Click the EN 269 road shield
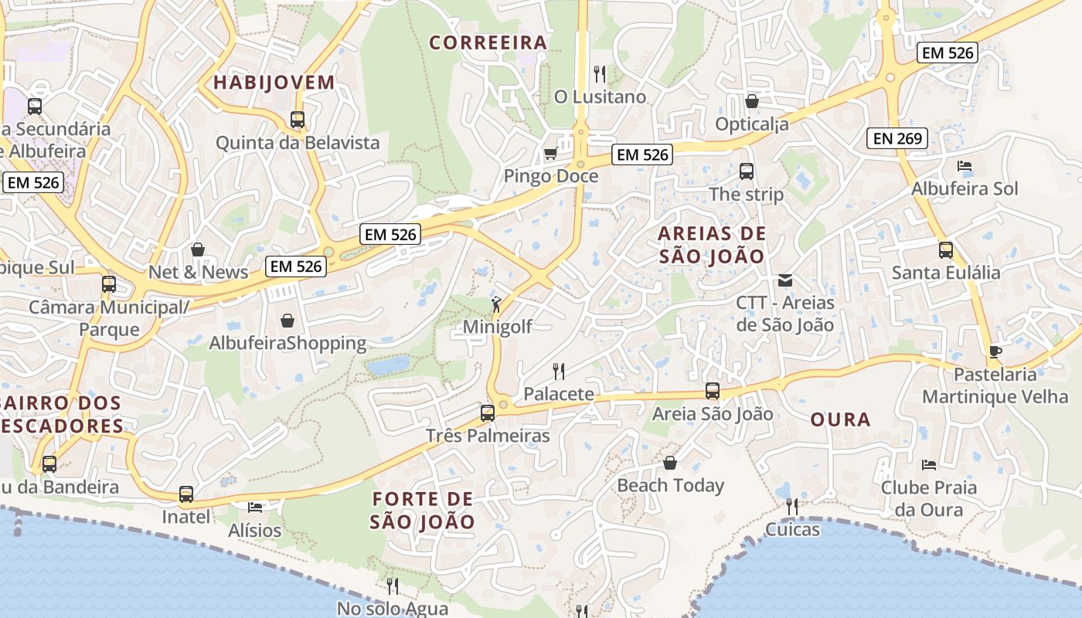pyautogui.click(x=897, y=138)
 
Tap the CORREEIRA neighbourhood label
pyautogui.click(x=488, y=42)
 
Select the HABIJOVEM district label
pyautogui.click(x=274, y=82)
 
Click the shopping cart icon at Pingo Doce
pyautogui.click(x=550, y=153)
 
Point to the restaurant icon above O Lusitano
pyautogui.click(x=600, y=73)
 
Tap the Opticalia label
pyautogui.click(x=752, y=124)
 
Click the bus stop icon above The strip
pyautogui.click(x=746, y=171)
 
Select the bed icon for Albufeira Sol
pyautogui.click(x=964, y=166)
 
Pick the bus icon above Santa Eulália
pyautogui.click(x=946, y=250)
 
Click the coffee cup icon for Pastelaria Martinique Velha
pyautogui.click(x=995, y=351)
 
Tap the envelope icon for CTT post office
pyautogui.click(x=785, y=280)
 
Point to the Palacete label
pyautogui.click(x=559, y=394)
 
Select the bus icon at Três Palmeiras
pyautogui.click(x=487, y=413)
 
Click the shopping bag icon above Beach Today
pyautogui.click(x=670, y=463)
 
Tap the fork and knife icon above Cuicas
pyautogui.click(x=792, y=506)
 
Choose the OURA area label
pyautogui.click(x=841, y=419)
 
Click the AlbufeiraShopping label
pyautogui.click(x=288, y=343)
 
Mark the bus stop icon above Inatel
pyautogui.click(x=185, y=494)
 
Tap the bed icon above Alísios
pyautogui.click(x=255, y=507)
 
